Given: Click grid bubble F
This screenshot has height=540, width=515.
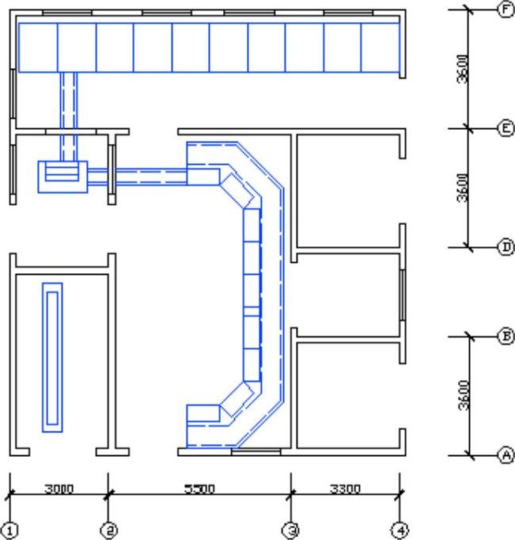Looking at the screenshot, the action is [x=506, y=10].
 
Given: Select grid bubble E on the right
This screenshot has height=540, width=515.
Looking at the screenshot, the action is [x=506, y=128].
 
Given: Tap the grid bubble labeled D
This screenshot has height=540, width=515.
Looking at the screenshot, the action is [x=506, y=247].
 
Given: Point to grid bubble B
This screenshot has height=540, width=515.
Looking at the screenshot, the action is [x=506, y=337].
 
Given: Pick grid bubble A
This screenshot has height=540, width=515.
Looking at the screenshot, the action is [x=506, y=455].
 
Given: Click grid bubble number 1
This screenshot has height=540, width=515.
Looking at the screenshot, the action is [x=10, y=530].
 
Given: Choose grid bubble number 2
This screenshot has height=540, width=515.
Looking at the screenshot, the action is [x=108, y=530].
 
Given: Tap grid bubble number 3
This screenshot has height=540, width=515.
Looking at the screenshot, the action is [x=290, y=530].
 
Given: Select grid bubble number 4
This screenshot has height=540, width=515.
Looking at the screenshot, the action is [x=400, y=530].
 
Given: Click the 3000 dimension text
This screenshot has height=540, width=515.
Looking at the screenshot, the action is [x=59, y=489].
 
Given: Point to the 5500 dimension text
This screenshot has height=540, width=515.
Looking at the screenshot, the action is [x=199, y=489].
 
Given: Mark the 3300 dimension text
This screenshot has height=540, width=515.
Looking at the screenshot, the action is [x=346, y=489].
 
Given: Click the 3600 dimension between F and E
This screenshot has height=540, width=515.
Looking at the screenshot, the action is [x=463, y=69].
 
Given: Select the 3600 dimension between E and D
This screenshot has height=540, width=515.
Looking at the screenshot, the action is [x=463, y=188].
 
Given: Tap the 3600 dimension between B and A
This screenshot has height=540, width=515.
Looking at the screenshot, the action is [x=464, y=395].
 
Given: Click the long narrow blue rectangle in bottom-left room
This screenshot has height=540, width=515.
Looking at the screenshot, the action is [x=52, y=357].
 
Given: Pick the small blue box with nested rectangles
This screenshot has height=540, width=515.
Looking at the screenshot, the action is [x=62, y=177].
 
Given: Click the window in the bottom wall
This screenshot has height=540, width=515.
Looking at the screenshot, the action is [x=256, y=451].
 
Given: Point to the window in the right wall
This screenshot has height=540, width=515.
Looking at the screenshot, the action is [x=402, y=296].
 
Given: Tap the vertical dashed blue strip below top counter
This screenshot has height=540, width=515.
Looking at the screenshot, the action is [x=69, y=116].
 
